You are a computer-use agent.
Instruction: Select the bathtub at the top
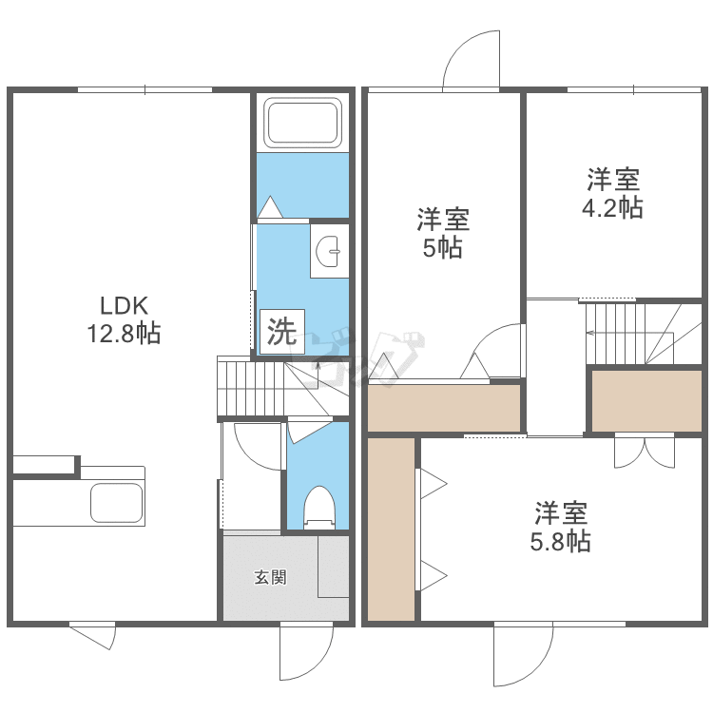pos(302,123)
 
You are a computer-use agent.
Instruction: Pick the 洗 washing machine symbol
pos(281,332)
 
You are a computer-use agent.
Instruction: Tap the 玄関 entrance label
pos(270,577)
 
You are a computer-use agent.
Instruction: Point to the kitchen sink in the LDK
pos(116,502)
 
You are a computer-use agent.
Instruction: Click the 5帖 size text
pos(443,248)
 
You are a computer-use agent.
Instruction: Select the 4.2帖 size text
pos(613,207)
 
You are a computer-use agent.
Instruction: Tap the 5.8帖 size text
pos(560,542)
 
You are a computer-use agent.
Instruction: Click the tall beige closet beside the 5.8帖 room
pos(392,529)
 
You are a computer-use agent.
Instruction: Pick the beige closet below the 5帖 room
pos(444,407)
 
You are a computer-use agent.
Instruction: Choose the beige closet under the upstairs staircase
pos(646,399)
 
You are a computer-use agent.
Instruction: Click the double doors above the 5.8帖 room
pos(643,451)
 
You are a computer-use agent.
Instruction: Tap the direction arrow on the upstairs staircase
pos(591,332)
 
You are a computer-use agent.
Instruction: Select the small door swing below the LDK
pos(93,634)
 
